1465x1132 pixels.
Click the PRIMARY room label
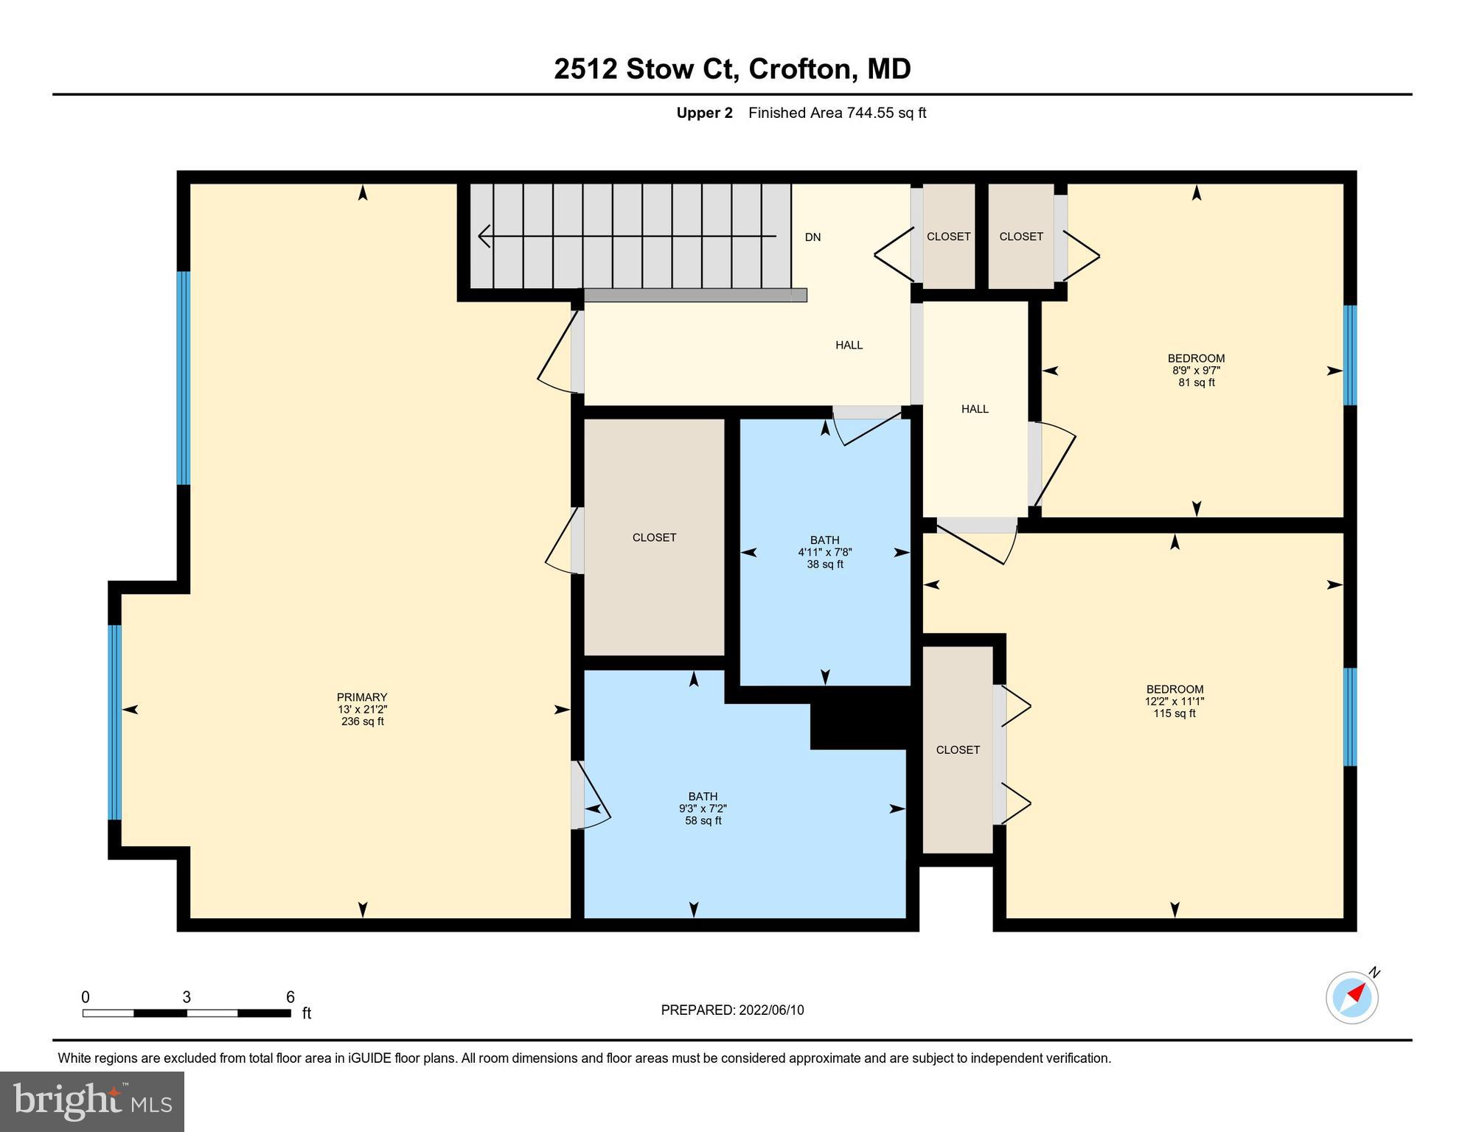361,697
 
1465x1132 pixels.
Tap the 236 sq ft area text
361,722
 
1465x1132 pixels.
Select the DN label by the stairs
812,237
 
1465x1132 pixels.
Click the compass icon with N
1352,998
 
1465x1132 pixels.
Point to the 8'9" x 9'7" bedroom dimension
1196,371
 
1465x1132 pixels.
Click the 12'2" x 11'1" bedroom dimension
1174,702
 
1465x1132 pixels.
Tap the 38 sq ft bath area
824,565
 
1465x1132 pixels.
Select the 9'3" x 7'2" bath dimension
702,808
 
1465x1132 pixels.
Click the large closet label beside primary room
654,538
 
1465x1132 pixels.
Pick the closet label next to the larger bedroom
958,750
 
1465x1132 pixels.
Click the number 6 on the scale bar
290,997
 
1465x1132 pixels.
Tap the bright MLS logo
92,1101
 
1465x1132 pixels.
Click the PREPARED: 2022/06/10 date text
732,1010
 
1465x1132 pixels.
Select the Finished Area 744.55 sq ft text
837,113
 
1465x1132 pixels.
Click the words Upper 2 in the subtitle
704,113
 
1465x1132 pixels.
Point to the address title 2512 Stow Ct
645,69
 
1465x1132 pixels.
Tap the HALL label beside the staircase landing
849,345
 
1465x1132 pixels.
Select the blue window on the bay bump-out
114,722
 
